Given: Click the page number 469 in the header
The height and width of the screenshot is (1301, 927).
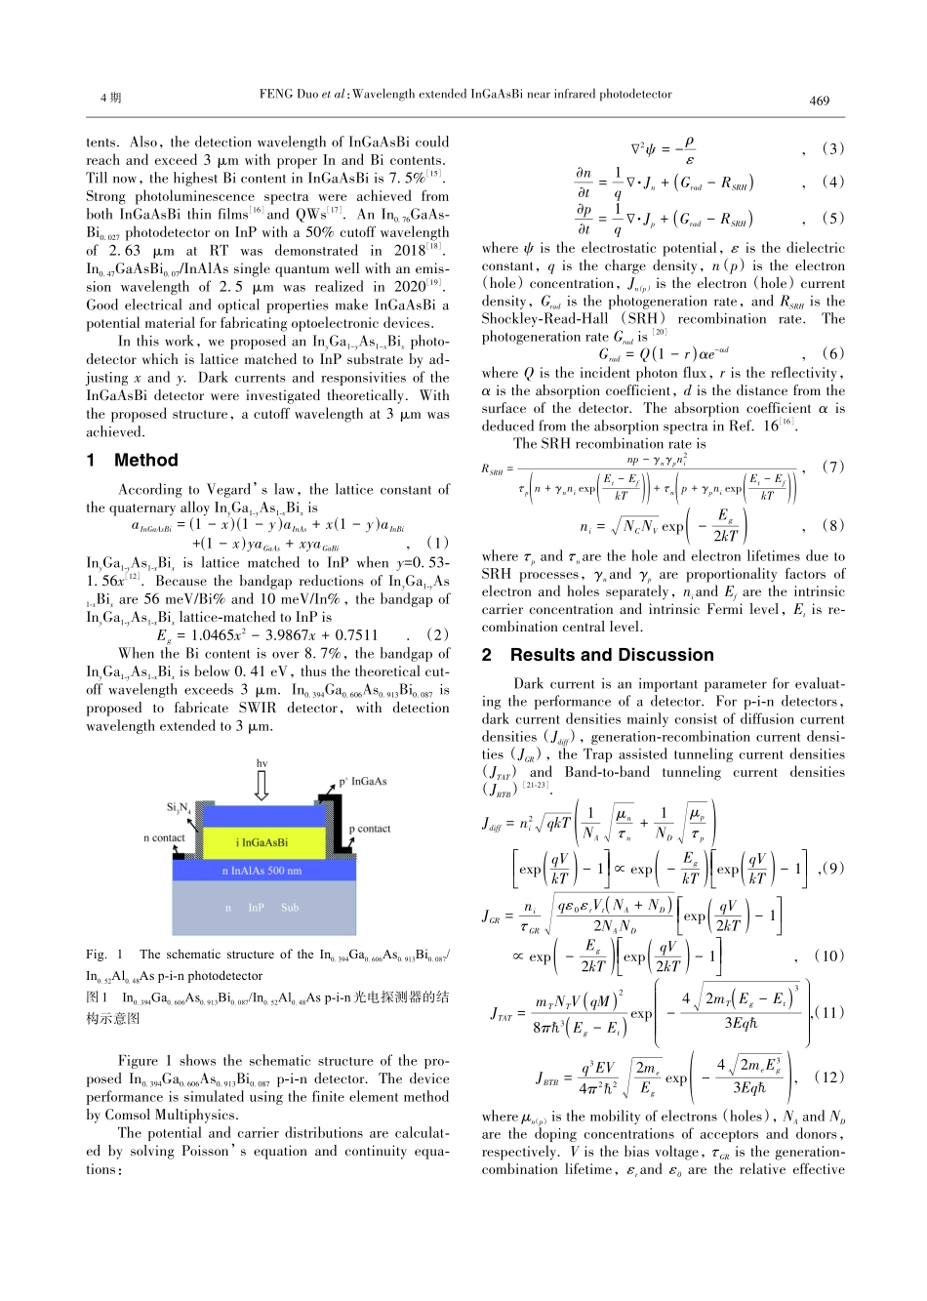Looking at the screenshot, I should click(x=819, y=101).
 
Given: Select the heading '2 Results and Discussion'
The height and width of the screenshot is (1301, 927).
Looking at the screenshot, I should click(x=597, y=655).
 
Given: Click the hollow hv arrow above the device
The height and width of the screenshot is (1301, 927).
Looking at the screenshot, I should click(x=261, y=784).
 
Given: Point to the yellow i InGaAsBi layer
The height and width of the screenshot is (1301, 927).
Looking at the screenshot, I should click(x=262, y=842).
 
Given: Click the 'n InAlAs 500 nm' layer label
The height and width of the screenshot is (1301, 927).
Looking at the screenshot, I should click(x=262, y=871).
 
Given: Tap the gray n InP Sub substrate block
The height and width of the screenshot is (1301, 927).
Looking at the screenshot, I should click(x=262, y=907).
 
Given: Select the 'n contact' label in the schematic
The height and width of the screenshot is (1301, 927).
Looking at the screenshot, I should click(x=164, y=837).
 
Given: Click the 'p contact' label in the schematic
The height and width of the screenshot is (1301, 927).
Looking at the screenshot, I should click(x=370, y=829).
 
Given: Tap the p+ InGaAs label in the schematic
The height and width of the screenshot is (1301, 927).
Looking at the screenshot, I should click(x=363, y=781).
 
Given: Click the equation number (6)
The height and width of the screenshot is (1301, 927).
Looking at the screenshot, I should click(x=832, y=354).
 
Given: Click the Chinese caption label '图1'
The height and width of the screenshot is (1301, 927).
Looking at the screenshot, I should click(x=97, y=997).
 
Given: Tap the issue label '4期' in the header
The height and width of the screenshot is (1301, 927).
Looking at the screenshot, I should click(x=110, y=99).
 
